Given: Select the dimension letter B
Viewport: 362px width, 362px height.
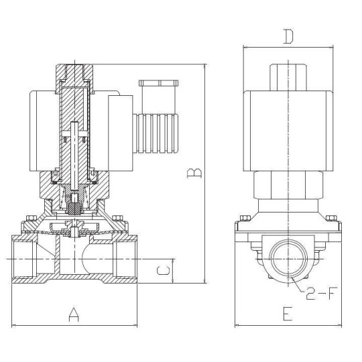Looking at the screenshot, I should pyautogui.click(x=193, y=174).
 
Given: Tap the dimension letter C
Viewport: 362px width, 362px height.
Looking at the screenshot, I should pyautogui.click(x=161, y=271).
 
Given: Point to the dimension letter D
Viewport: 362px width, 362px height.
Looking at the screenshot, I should pyautogui.click(x=288, y=37).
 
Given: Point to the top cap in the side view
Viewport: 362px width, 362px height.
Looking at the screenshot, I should pyautogui.click(x=288, y=76).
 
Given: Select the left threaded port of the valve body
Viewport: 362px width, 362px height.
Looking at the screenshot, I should pyautogui.click(x=23, y=258).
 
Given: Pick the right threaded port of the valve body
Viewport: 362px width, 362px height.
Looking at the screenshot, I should pyautogui.click(x=125, y=258).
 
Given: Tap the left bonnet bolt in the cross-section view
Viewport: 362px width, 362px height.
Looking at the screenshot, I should pyautogui.click(x=29, y=219).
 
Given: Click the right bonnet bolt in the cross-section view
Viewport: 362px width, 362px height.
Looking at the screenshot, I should pyautogui.click(x=119, y=219).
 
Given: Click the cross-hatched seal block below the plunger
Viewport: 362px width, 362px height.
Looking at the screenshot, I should pyautogui.click(x=74, y=206).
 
